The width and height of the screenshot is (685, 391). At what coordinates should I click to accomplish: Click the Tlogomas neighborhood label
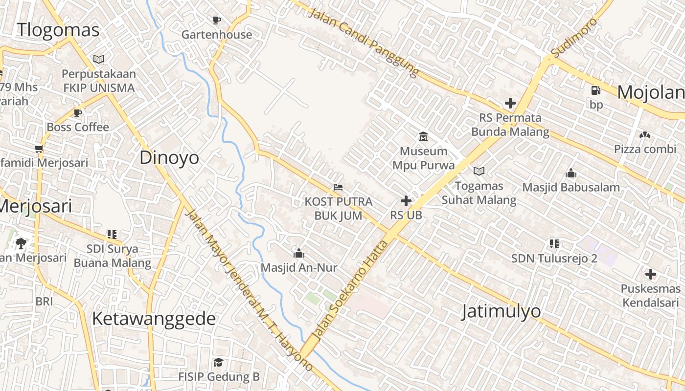coord(58,30)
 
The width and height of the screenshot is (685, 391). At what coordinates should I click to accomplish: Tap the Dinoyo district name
coord(169,158)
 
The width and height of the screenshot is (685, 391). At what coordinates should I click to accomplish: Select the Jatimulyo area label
coord(502,311)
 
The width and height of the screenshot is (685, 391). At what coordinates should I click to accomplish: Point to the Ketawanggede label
coord(154,319)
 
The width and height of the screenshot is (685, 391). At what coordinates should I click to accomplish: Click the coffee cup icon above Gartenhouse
coord(217,20)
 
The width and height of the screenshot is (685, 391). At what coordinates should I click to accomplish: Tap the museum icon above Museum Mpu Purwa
coord(423,136)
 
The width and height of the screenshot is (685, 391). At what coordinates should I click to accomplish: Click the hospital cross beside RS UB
coord(406,200)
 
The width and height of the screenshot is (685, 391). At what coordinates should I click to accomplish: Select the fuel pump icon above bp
coord(595,90)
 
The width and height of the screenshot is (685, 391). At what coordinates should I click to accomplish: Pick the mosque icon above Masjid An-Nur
coord(298,253)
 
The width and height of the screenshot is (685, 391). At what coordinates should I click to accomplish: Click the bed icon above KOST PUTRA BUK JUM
coord(338,187)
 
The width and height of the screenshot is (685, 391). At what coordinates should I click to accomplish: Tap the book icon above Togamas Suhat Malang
coord(479,171)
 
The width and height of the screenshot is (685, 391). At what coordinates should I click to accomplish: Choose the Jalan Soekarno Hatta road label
coord(349,291)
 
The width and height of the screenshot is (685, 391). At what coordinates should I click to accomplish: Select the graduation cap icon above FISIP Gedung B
coord(218,362)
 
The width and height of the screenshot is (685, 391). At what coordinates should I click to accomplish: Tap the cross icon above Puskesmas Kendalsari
coord(650,274)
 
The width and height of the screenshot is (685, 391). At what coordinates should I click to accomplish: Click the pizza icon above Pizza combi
coord(644,134)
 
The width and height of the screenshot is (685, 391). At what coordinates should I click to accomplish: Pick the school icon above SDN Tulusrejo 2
coord(554,243)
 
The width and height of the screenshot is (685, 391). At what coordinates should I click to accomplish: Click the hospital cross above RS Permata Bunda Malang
coord(510,103)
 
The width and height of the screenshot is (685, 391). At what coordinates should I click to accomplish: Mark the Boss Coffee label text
coord(78,127)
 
